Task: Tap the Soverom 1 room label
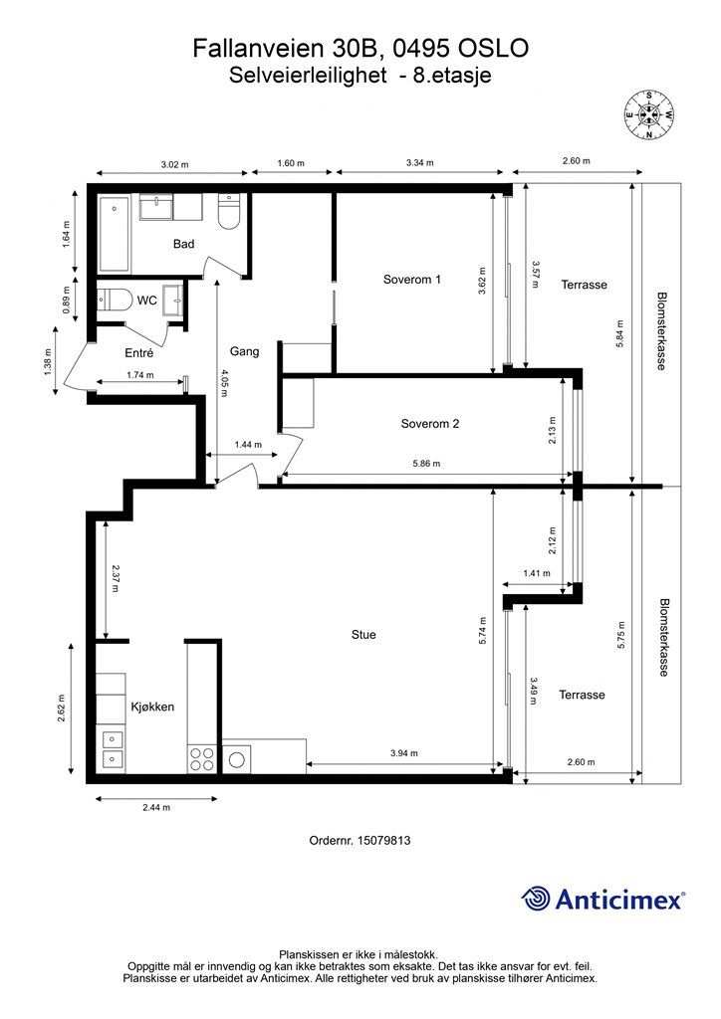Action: [412, 280]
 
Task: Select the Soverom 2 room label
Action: [430, 424]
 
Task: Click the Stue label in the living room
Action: [363, 634]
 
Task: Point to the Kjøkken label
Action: [152, 708]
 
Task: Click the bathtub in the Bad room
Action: [116, 234]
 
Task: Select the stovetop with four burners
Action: [201, 758]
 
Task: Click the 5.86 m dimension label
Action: [426, 464]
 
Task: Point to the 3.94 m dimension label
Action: [404, 753]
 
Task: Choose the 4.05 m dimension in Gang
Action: [224, 383]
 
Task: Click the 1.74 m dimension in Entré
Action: [140, 375]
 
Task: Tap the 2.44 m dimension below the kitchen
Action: [156, 807]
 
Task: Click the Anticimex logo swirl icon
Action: [535, 899]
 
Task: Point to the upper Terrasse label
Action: [584, 285]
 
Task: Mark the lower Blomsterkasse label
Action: [663, 638]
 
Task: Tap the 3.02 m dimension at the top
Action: [174, 164]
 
